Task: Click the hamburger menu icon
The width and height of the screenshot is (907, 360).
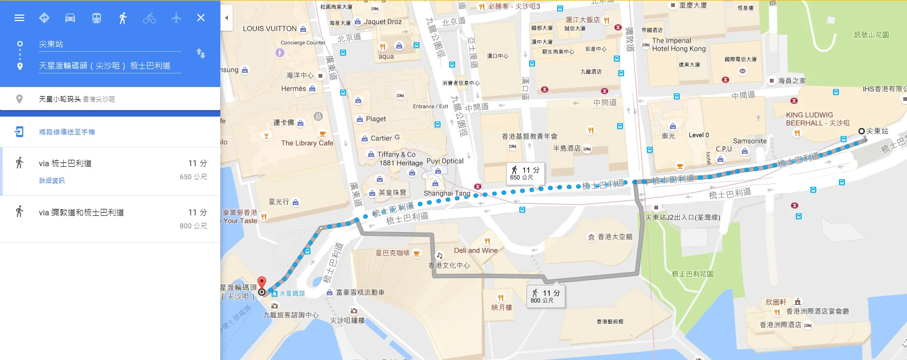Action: (19, 18)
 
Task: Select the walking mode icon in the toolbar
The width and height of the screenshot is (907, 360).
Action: (123, 18)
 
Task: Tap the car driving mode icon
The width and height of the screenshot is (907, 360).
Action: (70, 18)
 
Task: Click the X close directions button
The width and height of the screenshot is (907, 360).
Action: (201, 18)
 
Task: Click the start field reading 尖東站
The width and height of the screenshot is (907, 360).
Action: (108, 44)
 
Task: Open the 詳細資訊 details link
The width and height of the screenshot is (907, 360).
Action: (52, 181)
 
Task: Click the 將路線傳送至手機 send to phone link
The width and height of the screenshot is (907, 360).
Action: (67, 132)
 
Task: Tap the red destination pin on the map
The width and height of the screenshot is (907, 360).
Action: (262, 283)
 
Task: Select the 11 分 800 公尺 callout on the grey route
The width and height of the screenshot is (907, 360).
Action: (546, 296)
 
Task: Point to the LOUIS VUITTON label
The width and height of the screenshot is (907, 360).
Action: (269, 29)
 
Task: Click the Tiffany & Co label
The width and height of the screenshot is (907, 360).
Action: (396, 154)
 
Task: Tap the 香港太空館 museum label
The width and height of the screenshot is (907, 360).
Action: (614, 237)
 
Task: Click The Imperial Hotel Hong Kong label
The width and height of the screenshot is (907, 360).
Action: (678, 44)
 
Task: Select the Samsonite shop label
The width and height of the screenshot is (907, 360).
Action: (749, 141)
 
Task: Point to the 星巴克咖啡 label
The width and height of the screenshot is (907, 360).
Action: (392, 253)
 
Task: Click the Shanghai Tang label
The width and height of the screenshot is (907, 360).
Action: (447, 193)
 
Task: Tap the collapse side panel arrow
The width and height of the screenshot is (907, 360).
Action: (227, 18)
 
